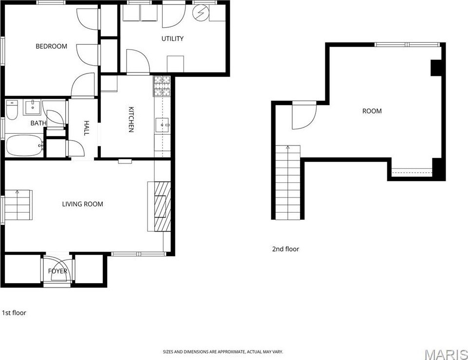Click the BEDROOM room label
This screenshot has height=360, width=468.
[x=51, y=46]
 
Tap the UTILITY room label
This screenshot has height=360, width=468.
[x=172, y=38]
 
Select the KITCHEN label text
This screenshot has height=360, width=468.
[x=131, y=119]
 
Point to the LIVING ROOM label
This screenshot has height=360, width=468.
[x=83, y=204]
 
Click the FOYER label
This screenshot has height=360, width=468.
[x=57, y=271]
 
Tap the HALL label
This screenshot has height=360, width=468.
[x=86, y=128]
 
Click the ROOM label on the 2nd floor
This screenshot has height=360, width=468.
[x=372, y=111]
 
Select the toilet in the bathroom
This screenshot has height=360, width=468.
[x=12, y=110]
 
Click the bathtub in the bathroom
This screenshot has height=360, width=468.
[x=24, y=145]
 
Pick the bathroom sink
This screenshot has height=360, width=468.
[x=32, y=108]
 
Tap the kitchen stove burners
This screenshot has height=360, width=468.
[x=162, y=86]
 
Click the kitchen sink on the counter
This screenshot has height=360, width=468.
[x=163, y=125]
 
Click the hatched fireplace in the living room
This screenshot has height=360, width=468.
[x=163, y=206]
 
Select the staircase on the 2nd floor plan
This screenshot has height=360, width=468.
[x=288, y=182]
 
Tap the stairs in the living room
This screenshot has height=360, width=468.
[x=18, y=205]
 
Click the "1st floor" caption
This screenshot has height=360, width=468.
[x=14, y=313]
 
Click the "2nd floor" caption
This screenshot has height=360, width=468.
[x=285, y=249]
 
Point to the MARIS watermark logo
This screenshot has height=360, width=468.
[x=446, y=354]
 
